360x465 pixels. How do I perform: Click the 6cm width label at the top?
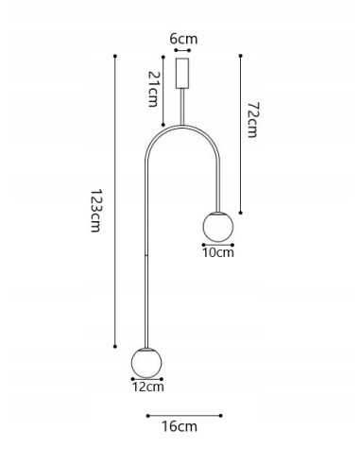pyautogui.click(x=183, y=41)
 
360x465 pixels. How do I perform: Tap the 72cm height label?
pyautogui.click(x=251, y=120)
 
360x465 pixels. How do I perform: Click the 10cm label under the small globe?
pyautogui.click(x=218, y=252)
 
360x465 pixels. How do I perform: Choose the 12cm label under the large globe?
pyautogui.click(x=147, y=387)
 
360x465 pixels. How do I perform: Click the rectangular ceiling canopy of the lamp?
pyautogui.click(x=183, y=73)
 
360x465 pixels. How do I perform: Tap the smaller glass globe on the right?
pyautogui.click(x=217, y=227)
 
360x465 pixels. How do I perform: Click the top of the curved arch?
pyautogui.click(x=183, y=131)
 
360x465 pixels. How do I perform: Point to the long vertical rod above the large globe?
pyautogui.click(x=147, y=255)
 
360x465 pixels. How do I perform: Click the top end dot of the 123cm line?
pyautogui.click(x=115, y=56)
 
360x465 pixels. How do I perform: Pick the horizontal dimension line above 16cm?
pyautogui.click(x=183, y=414)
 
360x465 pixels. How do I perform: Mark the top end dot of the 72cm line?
pyautogui.click(x=242, y=55)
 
